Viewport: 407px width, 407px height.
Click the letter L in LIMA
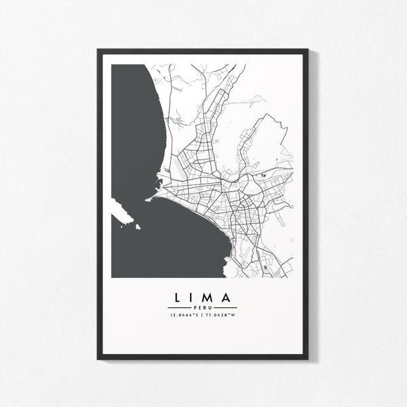pyautogui.click(x=177, y=297)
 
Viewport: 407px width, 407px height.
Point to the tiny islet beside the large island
pyautogui.click(x=138, y=227)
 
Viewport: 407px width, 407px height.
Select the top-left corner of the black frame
pyautogui.click(x=98, y=50)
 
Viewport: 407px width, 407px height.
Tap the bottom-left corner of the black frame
pyautogui.click(x=98, y=357)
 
